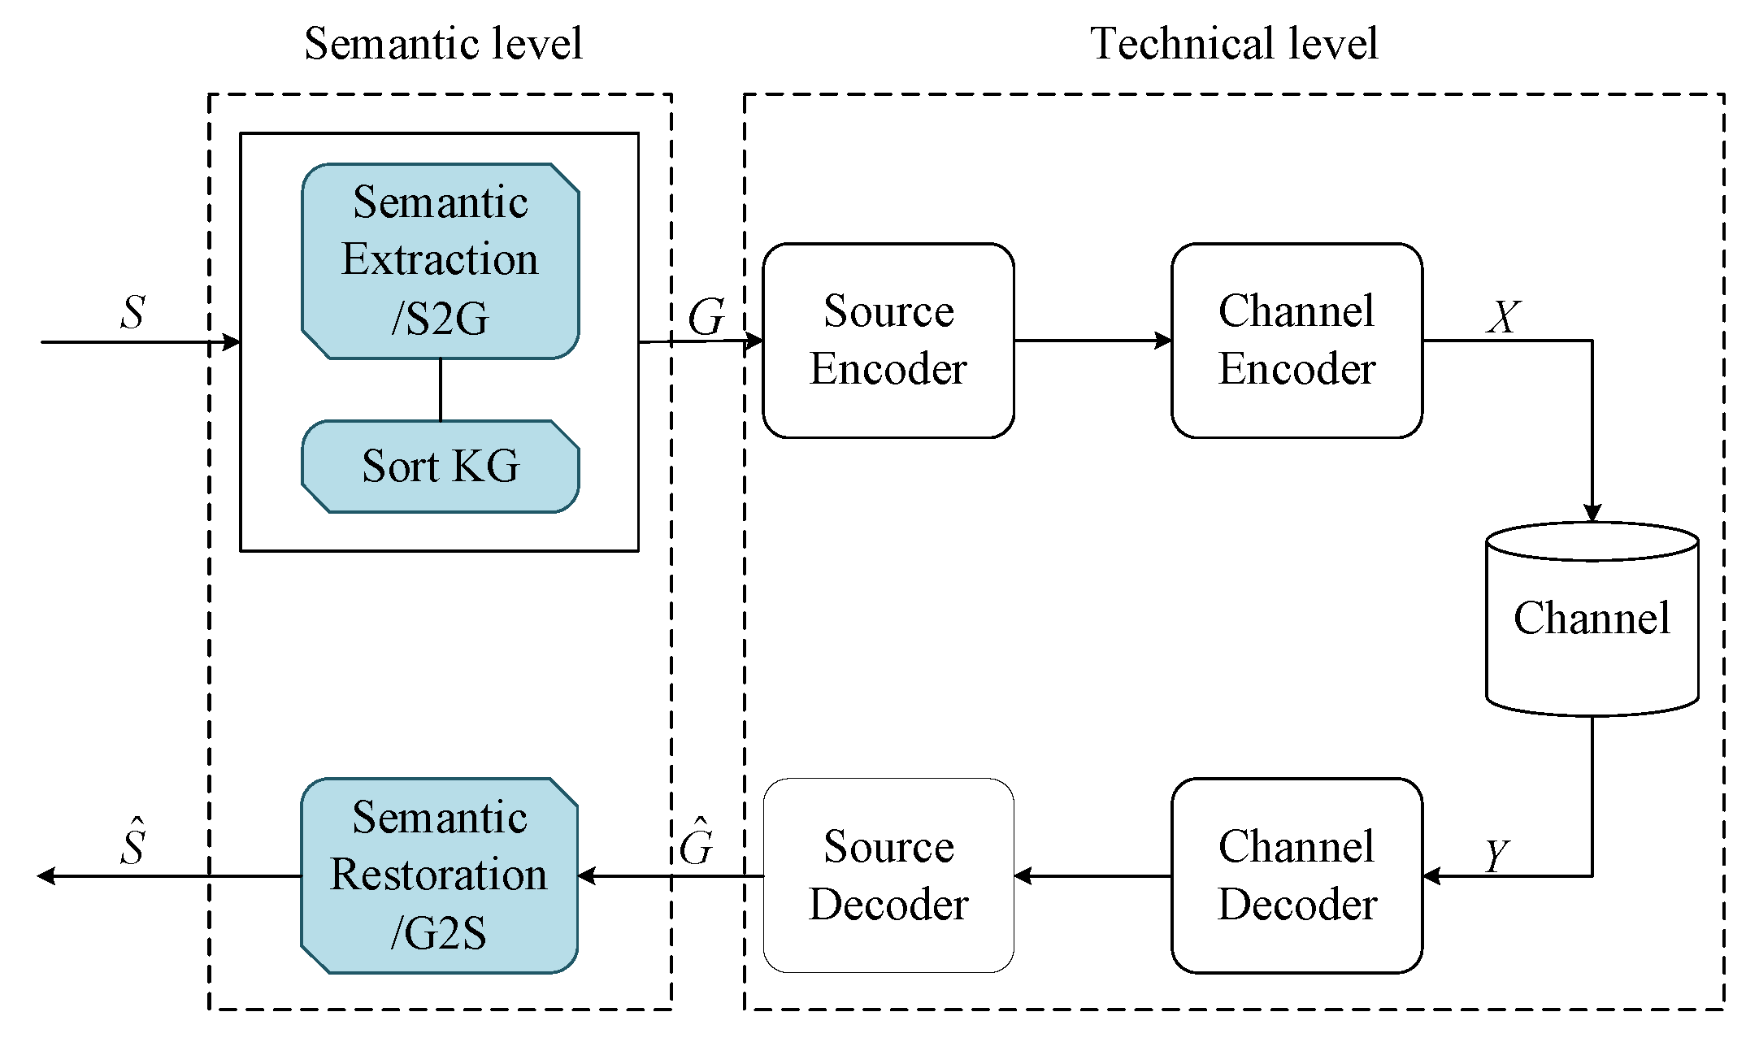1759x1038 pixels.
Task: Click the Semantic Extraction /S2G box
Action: (440, 260)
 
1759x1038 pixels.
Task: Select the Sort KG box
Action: (440, 467)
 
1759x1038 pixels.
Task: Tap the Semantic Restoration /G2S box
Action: (439, 875)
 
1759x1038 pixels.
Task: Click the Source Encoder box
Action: (888, 341)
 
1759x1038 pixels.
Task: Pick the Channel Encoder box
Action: (1296, 341)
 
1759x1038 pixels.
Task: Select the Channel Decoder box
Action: (1296, 875)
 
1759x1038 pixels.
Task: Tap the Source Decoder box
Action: (888, 875)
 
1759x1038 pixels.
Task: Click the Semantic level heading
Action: (443, 43)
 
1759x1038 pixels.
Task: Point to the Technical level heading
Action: (1233, 43)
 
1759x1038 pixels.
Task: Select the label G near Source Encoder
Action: (706, 316)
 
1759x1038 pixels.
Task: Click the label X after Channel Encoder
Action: (1503, 316)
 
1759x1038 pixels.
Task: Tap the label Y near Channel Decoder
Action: (1496, 855)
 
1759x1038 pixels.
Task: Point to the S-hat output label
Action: (132, 843)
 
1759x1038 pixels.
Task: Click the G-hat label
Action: (697, 843)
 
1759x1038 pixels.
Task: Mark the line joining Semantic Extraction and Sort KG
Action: (440, 389)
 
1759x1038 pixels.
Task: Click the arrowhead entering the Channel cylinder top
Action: (1592, 512)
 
